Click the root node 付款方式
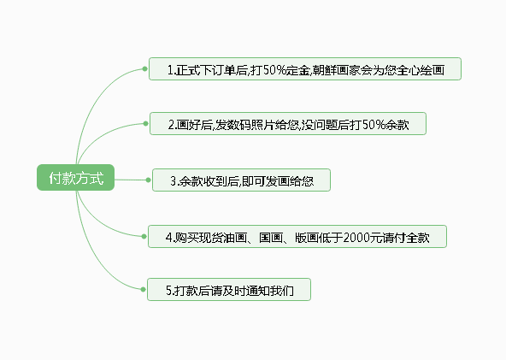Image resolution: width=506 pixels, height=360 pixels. pyautogui.click(x=75, y=178)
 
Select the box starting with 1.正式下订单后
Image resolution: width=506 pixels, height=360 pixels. pyautogui.click(x=305, y=68)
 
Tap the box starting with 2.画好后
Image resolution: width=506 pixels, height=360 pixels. pyautogui.click(x=288, y=124)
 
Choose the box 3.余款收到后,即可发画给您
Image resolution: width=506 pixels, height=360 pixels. pyautogui.click(x=241, y=180)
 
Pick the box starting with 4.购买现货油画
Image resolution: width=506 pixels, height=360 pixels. pyautogui.click(x=297, y=237)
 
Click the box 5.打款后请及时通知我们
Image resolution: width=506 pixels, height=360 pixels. pyautogui.click(x=229, y=290)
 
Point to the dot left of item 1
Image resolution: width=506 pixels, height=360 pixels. pyautogui.click(x=145, y=68)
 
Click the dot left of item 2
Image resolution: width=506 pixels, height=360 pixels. pyautogui.click(x=146, y=124)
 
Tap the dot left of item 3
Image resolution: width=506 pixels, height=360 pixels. pyautogui.click(x=149, y=180)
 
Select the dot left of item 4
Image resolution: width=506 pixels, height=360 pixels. pyautogui.click(x=144, y=237)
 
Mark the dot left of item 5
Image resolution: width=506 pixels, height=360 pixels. pyautogui.click(x=144, y=290)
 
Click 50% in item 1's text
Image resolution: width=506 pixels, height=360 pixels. pyautogui.click(x=274, y=70)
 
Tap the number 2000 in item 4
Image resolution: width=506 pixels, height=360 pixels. pyautogui.click(x=356, y=238)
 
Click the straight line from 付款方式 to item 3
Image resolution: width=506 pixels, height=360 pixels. pyautogui.click(x=131, y=180)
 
